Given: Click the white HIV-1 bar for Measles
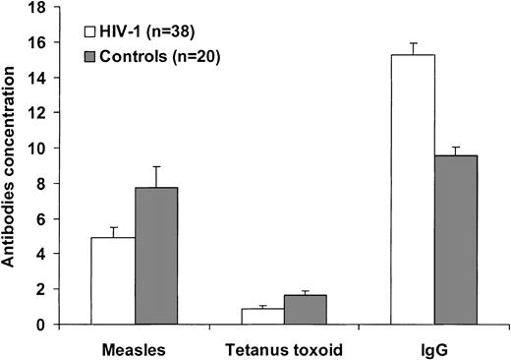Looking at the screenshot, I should pyautogui.click(x=113, y=281).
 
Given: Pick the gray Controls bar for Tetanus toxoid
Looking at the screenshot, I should pyautogui.click(x=306, y=310).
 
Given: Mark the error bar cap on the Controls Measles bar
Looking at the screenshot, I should pyautogui.click(x=155, y=167).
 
